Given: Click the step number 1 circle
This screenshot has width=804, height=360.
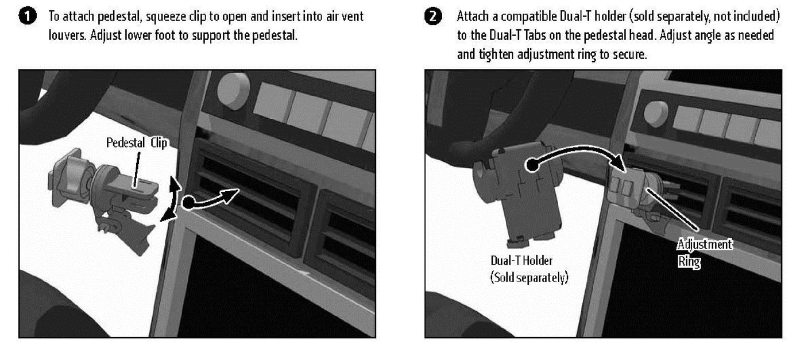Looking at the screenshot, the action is tap(28, 17).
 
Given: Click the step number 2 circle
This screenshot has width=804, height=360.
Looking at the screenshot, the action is tap(433, 17).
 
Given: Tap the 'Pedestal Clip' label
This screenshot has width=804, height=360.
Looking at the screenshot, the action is tap(137, 143).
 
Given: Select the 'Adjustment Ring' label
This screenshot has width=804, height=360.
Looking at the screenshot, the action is tap(704, 253).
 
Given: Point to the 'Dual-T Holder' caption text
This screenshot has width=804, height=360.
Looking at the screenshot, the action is tap(521, 260).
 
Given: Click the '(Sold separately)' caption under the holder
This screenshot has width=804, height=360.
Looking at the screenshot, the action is tap(529, 277).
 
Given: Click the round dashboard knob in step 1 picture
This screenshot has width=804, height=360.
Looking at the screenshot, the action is tap(234, 91).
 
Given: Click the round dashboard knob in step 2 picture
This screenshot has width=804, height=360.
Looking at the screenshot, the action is tap(656, 114).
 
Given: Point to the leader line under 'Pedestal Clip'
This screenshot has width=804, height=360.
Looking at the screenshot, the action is tap(137, 169).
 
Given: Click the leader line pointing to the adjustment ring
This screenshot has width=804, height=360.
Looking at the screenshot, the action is tap(673, 210).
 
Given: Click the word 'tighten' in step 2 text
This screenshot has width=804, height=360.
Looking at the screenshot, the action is tap(496, 55).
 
